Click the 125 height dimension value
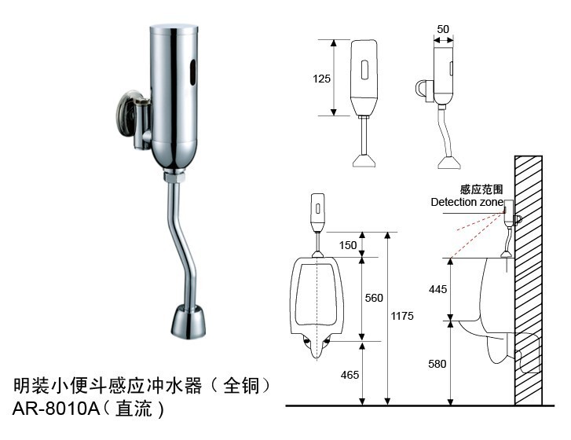click(x=321, y=79)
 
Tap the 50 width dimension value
click(x=443, y=29)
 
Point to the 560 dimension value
click(x=375, y=298)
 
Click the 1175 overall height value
click(x=402, y=315)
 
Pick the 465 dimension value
click(x=349, y=375)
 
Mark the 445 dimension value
click(x=437, y=289)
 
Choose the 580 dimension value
click(x=437, y=364)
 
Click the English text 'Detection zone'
click(x=467, y=202)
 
